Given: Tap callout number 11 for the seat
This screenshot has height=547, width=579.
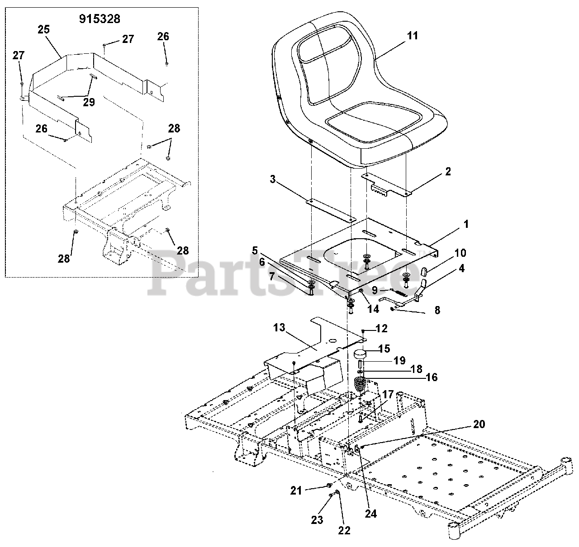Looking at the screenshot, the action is coord(413,36).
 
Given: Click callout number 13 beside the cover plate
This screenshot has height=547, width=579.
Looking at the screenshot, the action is coord(280,327).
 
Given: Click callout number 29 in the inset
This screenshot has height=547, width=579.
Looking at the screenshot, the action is coord(89,102).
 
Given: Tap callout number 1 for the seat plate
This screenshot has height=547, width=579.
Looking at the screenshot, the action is coord(466,224).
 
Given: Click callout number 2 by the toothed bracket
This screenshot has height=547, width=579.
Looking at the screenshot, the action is coord(448,172).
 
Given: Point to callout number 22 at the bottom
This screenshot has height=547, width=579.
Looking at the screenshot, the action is coord(345,530).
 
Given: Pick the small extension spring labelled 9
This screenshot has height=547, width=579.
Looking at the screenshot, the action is coord(397,292).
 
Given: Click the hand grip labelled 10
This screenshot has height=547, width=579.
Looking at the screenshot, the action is coord(424,272).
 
